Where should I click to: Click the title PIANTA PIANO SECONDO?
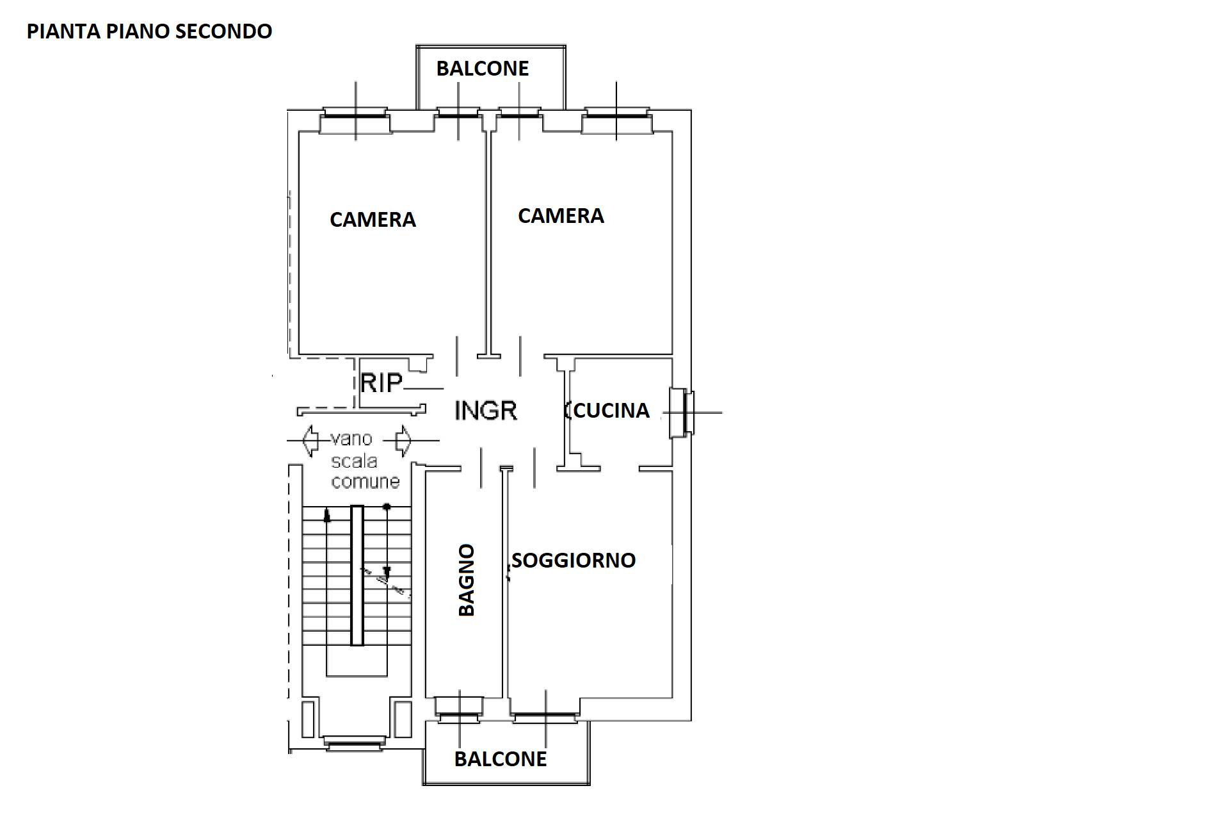coord(149,31)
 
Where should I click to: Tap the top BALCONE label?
coord(483,69)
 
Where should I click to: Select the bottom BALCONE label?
coord(501,759)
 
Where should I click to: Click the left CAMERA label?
coord(373,220)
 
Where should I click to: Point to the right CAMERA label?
coord(561,216)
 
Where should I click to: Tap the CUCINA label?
coord(611,411)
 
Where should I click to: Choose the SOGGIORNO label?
coord(574,561)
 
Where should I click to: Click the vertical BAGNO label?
coord(467,580)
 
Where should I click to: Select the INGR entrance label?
coord(486,410)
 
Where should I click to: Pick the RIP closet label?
coord(382,383)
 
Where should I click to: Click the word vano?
coord(351,439)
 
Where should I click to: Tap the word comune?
coord(365,481)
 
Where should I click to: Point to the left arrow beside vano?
coord(310,441)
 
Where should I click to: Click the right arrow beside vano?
coord(403,441)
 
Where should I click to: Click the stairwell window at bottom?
coord(354,743)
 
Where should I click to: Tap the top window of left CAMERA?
coord(355,119)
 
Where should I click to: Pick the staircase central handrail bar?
coord(357,575)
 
